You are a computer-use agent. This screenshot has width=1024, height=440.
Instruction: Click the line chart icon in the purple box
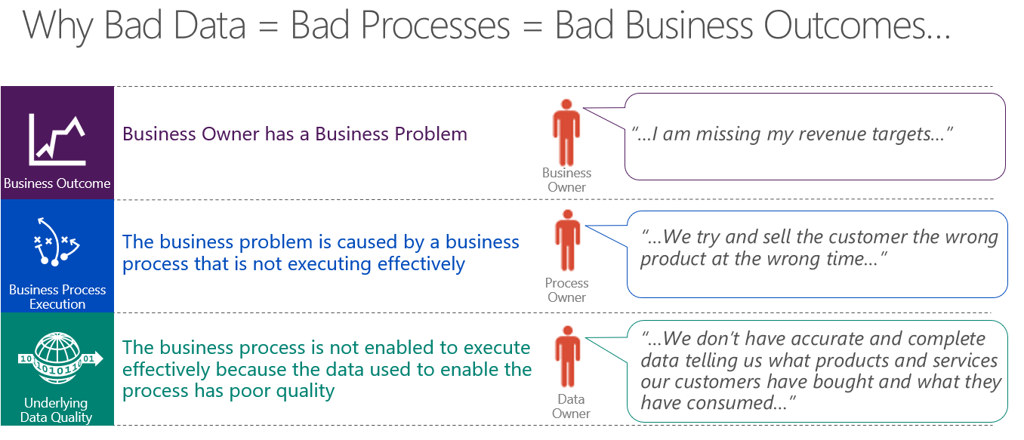point(57,140)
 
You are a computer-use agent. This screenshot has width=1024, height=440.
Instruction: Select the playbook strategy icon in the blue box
point(57,242)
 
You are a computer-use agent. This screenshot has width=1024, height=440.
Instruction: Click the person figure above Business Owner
point(566,133)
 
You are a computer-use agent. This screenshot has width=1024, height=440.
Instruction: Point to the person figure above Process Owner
point(567,240)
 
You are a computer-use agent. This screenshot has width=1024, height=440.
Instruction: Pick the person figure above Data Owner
point(568,356)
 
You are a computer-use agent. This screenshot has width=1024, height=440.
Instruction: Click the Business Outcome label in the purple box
point(57,183)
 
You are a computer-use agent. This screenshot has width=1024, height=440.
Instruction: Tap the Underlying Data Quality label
point(56,410)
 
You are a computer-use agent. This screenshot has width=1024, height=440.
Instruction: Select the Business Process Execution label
point(57,297)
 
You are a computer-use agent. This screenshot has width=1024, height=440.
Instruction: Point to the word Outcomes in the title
point(856,26)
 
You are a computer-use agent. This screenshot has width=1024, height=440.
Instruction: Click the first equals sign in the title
point(268,26)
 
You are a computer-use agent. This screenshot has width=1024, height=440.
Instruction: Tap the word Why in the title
point(58,27)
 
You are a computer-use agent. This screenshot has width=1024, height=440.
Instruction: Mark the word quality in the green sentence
point(305,392)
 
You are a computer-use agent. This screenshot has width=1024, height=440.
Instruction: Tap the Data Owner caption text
point(571,406)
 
